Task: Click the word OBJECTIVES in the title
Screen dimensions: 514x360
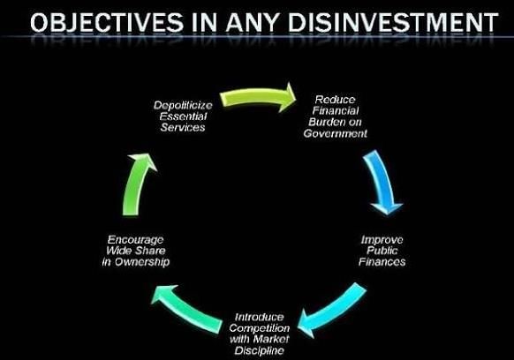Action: [107, 23]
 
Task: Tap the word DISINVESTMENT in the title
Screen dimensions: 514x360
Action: [393, 23]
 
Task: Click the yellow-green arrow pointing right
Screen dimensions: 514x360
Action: [258, 97]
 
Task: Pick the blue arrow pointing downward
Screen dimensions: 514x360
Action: [382, 181]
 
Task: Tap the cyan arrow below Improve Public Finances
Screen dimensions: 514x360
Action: [335, 311]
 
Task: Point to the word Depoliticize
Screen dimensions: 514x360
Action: [183, 106]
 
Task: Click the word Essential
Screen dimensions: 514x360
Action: [183, 116]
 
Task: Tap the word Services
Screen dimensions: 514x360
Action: [183, 127]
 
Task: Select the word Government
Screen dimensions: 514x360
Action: [335, 133]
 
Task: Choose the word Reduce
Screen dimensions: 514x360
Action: [335, 100]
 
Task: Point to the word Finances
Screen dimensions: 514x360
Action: [382, 262]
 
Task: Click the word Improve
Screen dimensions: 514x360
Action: [382, 240]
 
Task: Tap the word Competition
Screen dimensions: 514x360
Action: [260, 328]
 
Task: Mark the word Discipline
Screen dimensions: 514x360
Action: [260, 350]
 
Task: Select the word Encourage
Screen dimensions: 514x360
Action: [135, 240]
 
